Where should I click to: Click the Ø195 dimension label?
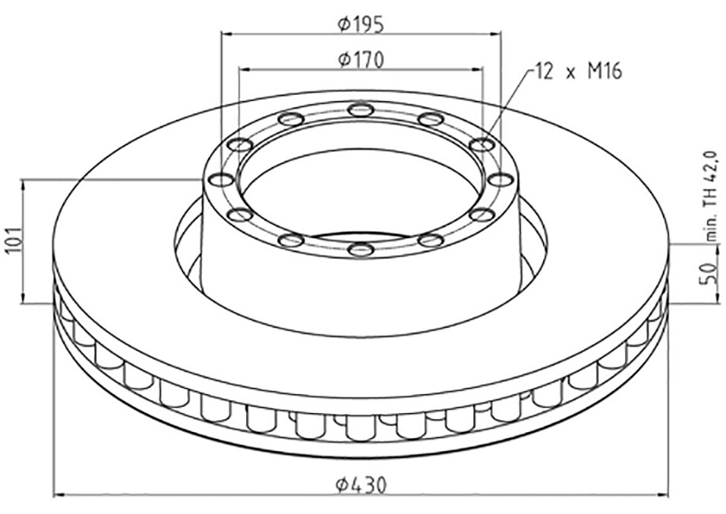(x=361, y=24)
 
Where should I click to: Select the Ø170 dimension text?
(x=361, y=60)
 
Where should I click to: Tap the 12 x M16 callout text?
(x=577, y=72)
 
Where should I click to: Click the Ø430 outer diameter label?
(x=361, y=486)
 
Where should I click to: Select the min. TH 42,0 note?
(x=713, y=196)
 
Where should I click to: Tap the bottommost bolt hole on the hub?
(x=361, y=249)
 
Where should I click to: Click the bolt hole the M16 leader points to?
(x=483, y=144)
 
